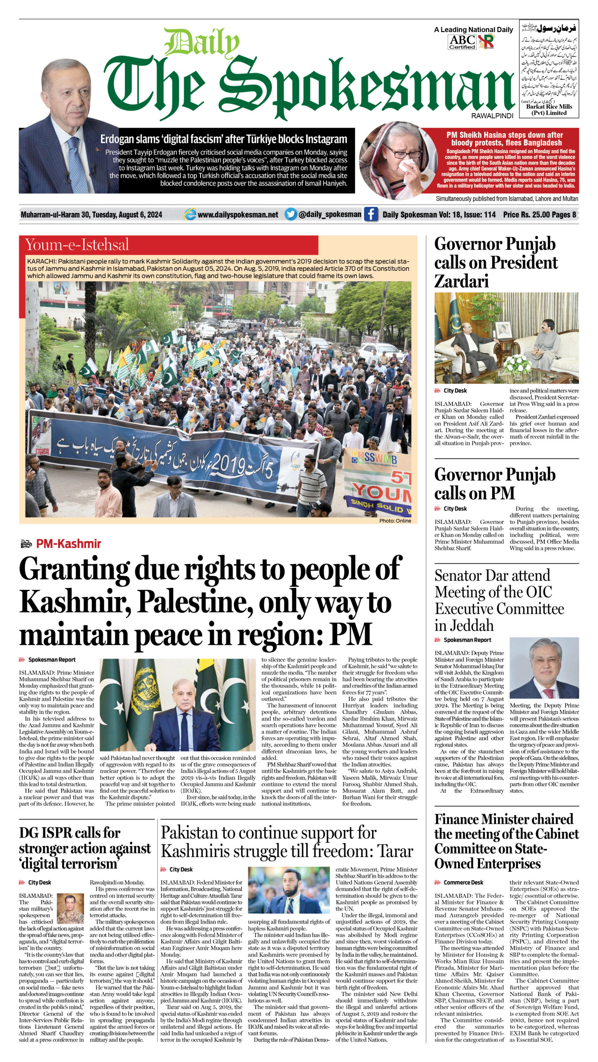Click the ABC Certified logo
[x=462, y=42]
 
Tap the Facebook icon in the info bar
[x=370, y=214]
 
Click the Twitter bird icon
[x=291, y=214]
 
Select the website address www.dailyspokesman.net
[x=238, y=214]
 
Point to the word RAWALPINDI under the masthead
[x=492, y=116]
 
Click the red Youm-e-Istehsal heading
[x=77, y=245]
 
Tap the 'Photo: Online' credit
[x=395, y=521]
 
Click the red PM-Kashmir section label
[x=69, y=543]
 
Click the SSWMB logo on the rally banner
[x=374, y=459]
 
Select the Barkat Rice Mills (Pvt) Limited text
[x=549, y=110]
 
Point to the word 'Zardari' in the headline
[x=461, y=282]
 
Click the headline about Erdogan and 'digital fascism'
[x=223, y=139]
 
